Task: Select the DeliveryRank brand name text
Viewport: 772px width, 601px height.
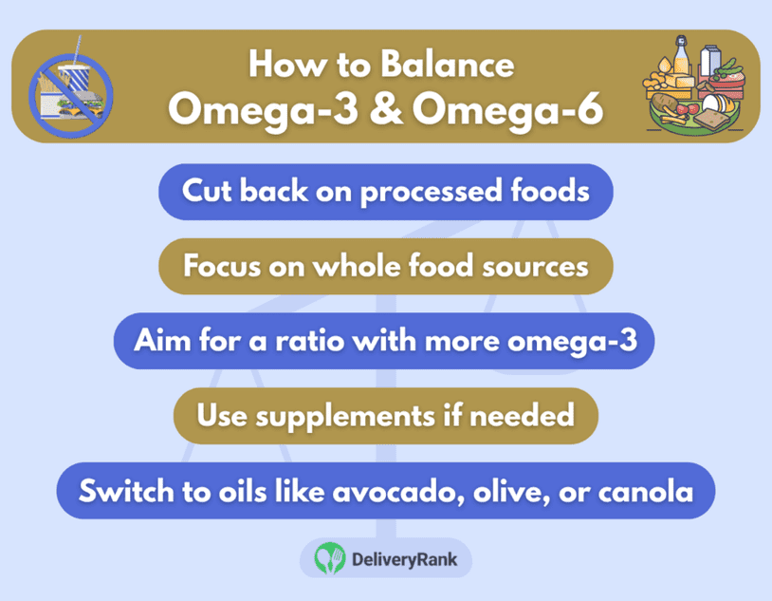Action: (x=404, y=559)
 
